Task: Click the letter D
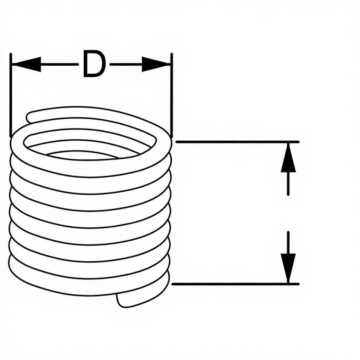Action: (x=93, y=64)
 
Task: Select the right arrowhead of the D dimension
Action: (x=156, y=64)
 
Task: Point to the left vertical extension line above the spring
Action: (x=11, y=94)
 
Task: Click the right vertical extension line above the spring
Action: (x=171, y=94)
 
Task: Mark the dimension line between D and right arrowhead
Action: (x=126, y=64)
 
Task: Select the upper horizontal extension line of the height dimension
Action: (x=236, y=142)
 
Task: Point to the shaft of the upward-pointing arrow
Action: (x=288, y=184)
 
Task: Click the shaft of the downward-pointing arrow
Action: (x=288, y=242)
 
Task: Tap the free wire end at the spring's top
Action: (x=31, y=117)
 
